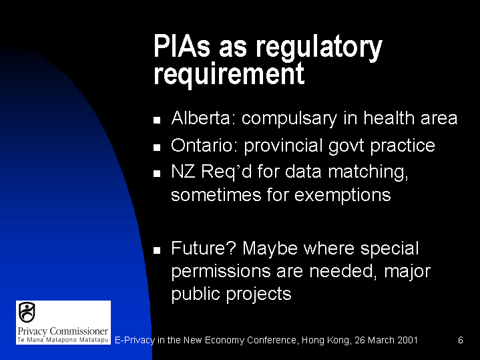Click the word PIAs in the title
click(x=182, y=46)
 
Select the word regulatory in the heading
click(x=318, y=48)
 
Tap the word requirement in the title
click(x=229, y=74)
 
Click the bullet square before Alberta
click(x=157, y=120)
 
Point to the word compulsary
click(x=289, y=119)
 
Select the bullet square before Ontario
click(x=157, y=148)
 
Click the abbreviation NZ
click(x=183, y=171)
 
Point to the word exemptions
click(x=342, y=195)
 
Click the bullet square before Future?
click(x=157, y=250)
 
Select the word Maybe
click(x=270, y=248)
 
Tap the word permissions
click(x=221, y=272)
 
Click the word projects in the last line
click(x=258, y=295)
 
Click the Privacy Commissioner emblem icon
click(x=27, y=312)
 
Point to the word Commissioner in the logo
click(x=79, y=331)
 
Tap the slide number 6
click(x=461, y=340)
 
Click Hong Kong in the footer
click(x=326, y=341)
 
